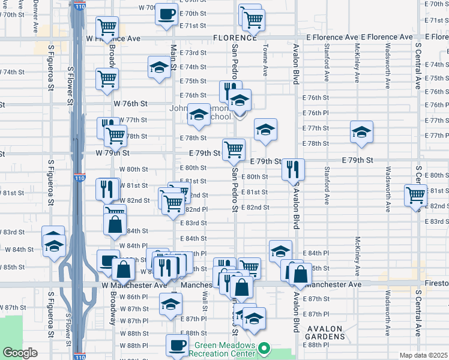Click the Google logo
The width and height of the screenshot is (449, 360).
click(20, 353)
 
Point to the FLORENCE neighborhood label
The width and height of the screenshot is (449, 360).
click(235, 38)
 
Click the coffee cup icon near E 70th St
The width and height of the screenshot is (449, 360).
click(167, 13)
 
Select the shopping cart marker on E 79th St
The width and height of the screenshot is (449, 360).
click(233, 149)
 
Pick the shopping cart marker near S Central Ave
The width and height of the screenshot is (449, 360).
click(415, 195)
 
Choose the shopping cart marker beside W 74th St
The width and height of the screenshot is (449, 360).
click(107, 79)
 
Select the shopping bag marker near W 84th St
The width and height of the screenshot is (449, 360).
click(115, 224)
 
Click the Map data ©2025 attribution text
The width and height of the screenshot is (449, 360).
click(423, 355)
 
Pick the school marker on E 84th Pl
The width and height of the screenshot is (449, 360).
click(280, 250)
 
